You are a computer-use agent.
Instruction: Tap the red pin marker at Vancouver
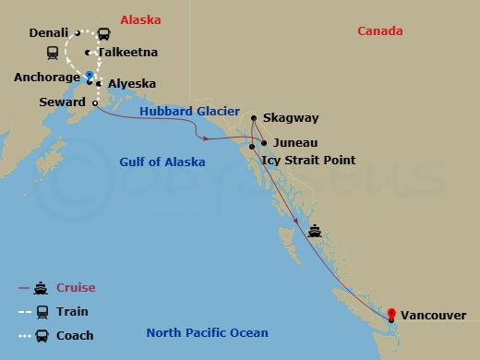[x=391, y=314]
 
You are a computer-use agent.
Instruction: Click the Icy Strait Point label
[x=308, y=160]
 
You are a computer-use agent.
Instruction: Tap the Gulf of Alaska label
[x=162, y=162]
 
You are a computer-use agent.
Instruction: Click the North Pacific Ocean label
[x=208, y=333]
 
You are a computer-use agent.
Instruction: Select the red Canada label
[x=381, y=31]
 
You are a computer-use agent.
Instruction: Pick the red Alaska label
[x=141, y=19]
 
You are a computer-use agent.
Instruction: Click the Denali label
[x=48, y=32]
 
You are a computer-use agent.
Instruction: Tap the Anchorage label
[x=47, y=78]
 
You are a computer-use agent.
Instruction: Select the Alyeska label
[x=127, y=84]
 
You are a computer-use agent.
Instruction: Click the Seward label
[x=62, y=102]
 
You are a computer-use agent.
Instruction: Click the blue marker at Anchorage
[x=90, y=75]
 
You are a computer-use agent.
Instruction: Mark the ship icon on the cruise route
[x=317, y=231]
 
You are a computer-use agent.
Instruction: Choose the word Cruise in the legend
[x=76, y=288]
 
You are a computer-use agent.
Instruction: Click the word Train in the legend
[x=73, y=312]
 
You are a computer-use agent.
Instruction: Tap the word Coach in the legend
[x=75, y=335]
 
